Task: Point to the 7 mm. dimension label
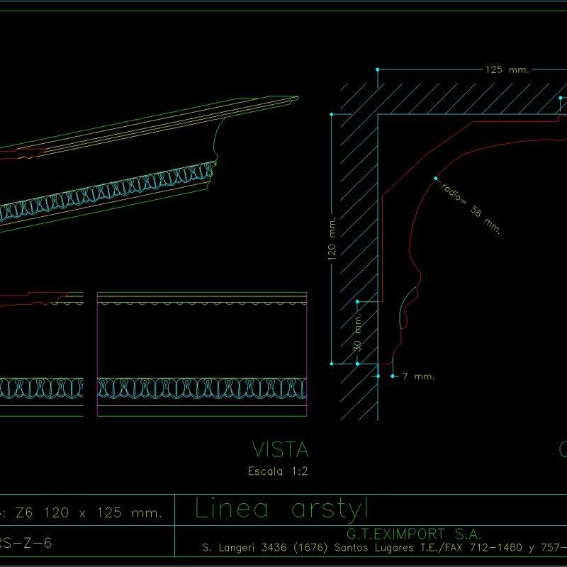coord(418,376)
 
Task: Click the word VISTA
coord(281,449)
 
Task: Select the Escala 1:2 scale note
coord(278,471)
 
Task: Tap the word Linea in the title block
coord(231,509)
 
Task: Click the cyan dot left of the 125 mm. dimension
coord(378,69)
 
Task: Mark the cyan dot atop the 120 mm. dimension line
coord(331,113)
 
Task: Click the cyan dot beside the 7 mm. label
coord(393,376)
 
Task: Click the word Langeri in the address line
coord(227,548)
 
